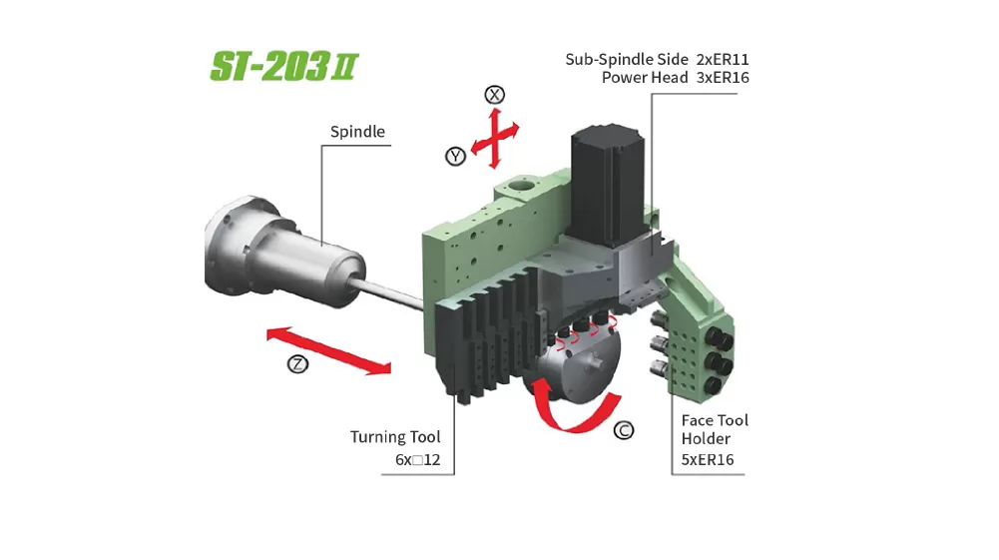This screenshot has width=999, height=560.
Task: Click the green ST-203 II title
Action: click(284, 66)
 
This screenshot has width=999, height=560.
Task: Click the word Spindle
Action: click(357, 132)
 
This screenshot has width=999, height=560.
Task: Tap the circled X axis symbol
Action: click(494, 95)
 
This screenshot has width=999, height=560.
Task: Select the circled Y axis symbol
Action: click(455, 156)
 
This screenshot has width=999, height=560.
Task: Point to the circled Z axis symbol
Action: click(297, 364)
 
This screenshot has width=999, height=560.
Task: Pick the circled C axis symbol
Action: click(624, 430)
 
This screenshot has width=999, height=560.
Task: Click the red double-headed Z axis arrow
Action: click(328, 350)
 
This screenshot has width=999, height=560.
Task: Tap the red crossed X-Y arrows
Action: click(495, 138)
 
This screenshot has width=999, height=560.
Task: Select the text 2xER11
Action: click(723, 59)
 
